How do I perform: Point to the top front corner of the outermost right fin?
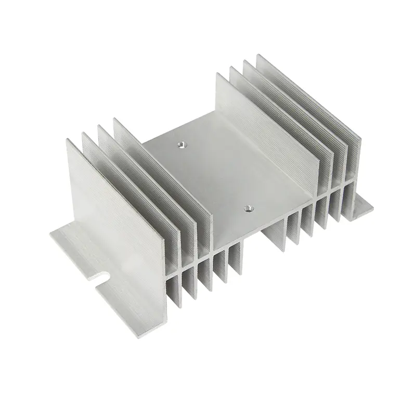pyautogui.click(x=257, y=55)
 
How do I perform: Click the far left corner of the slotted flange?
pyautogui.click(x=50, y=235)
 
